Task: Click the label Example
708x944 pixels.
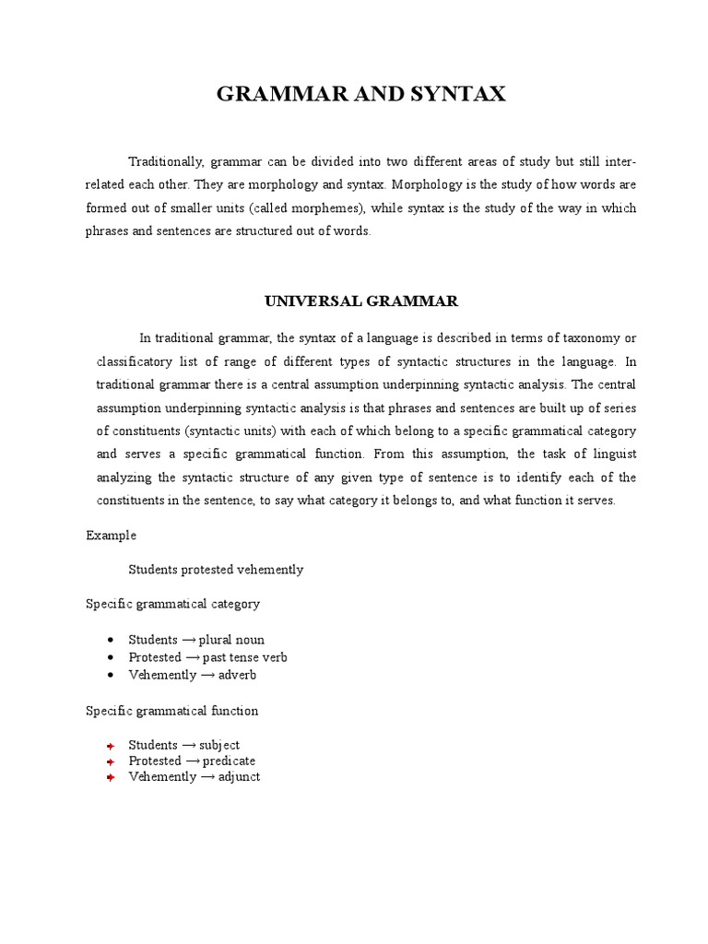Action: (x=112, y=536)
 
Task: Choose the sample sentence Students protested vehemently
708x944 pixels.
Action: (x=216, y=570)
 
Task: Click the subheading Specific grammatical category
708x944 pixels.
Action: (x=173, y=604)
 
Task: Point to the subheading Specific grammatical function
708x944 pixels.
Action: (x=172, y=711)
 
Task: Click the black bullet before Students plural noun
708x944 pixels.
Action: (x=110, y=640)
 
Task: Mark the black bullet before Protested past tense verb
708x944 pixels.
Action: (x=110, y=657)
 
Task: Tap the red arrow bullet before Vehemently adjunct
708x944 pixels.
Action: (x=110, y=777)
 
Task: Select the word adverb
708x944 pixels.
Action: (x=237, y=675)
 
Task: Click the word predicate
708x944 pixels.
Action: (x=230, y=761)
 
